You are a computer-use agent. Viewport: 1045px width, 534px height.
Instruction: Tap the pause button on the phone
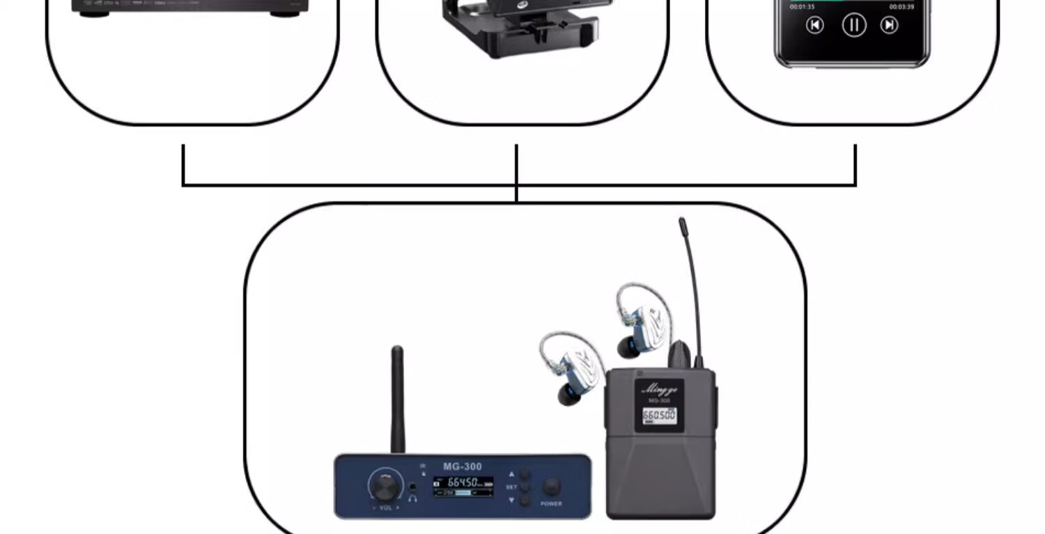tap(853, 26)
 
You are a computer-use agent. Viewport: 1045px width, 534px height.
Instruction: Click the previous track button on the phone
tap(814, 26)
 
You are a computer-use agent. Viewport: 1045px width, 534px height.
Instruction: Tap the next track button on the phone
tap(889, 26)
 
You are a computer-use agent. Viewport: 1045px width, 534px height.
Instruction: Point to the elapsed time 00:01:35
tap(802, 7)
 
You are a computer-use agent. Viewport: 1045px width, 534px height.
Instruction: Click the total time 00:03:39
tap(901, 7)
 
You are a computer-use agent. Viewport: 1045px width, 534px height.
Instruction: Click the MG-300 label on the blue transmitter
tap(462, 466)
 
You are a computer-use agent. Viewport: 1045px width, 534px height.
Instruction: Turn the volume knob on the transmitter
tap(385, 485)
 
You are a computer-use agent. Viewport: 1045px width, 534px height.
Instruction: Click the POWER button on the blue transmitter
tap(551, 487)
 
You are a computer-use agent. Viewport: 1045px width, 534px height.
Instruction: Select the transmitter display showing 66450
tap(463, 486)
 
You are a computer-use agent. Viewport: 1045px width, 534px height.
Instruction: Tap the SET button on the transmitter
tap(524, 487)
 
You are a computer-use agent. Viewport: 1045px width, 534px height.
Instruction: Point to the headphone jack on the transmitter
tap(413, 487)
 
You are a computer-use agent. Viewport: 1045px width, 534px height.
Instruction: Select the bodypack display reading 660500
tap(658, 416)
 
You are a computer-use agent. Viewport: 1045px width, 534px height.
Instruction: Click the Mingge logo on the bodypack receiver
tap(658, 389)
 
